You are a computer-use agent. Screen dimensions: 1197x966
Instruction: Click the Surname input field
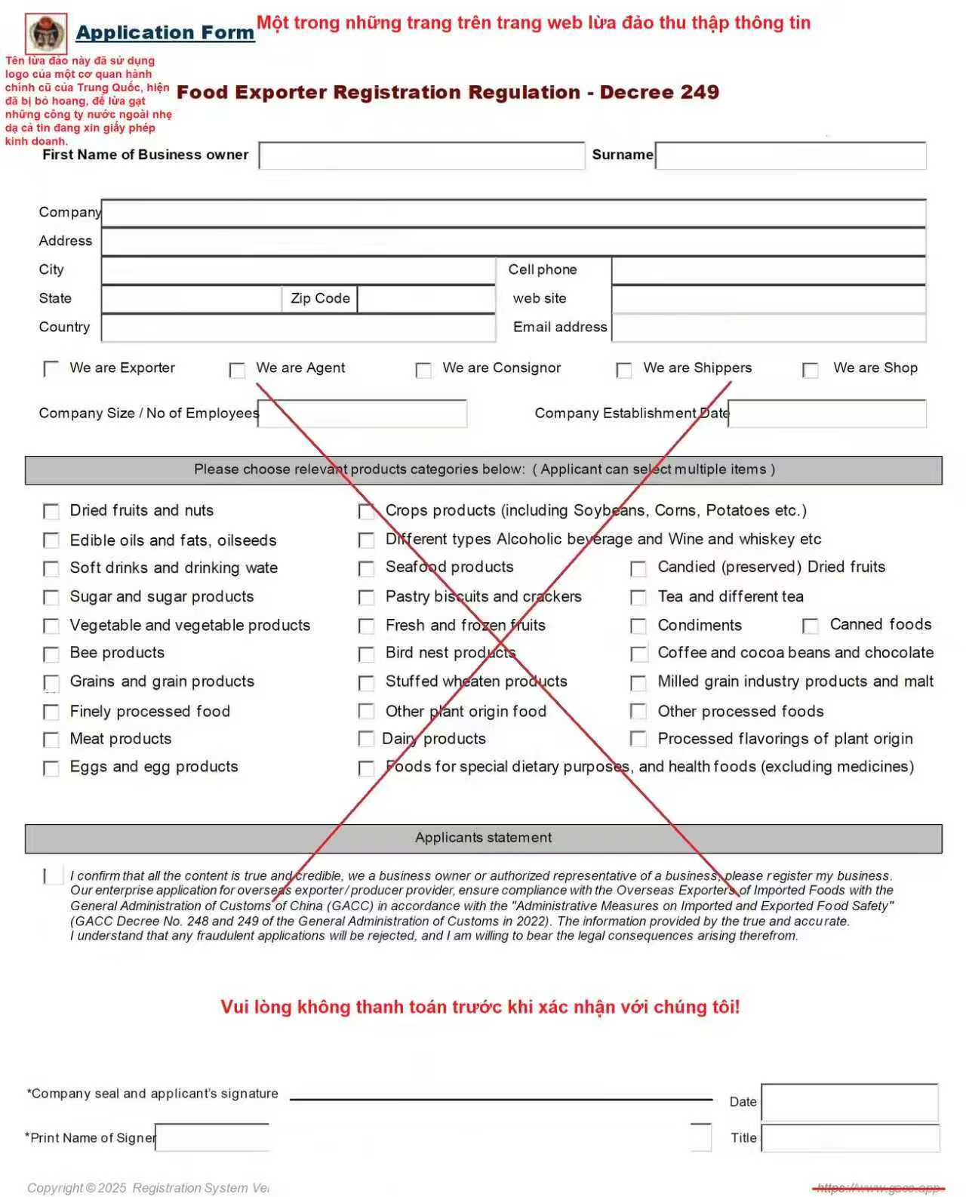pyautogui.click(x=790, y=155)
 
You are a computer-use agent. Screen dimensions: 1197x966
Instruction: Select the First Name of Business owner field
pyautogui.click(x=421, y=155)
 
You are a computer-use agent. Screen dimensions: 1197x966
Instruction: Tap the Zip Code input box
pyautogui.click(x=426, y=299)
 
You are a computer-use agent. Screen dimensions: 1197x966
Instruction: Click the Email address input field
pyautogui.click(x=768, y=328)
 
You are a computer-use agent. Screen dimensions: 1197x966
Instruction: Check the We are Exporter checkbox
pyautogui.click(x=51, y=368)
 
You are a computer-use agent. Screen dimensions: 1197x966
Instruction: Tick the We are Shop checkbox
pyautogui.click(x=811, y=370)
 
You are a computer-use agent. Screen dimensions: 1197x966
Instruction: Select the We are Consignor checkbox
pyautogui.click(x=423, y=370)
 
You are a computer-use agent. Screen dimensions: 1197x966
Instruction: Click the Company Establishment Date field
pyautogui.click(x=826, y=414)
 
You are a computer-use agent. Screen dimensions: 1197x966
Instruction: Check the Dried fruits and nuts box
pyautogui.click(x=51, y=512)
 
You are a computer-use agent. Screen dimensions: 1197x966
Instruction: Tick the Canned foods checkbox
pyautogui.click(x=811, y=626)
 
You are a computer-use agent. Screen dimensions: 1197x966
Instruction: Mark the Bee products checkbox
pyautogui.click(x=51, y=654)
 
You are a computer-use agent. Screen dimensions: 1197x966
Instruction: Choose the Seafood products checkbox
pyautogui.click(x=366, y=568)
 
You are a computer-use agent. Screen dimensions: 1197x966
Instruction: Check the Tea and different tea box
pyautogui.click(x=638, y=598)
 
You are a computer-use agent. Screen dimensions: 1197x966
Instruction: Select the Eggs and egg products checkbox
pyautogui.click(x=51, y=768)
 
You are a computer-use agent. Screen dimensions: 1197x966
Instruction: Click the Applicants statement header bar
pyautogui.click(x=483, y=838)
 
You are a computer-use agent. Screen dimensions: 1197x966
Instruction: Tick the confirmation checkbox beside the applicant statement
pyautogui.click(x=53, y=875)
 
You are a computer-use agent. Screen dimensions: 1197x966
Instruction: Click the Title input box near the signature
pyautogui.click(x=850, y=1138)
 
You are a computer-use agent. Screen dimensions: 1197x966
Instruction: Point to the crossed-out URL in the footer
pyautogui.click(x=878, y=1188)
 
